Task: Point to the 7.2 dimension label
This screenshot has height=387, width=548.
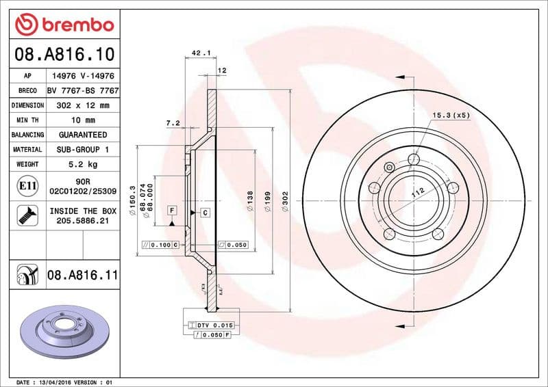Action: tap(173, 123)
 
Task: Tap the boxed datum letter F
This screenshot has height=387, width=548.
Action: tap(172, 210)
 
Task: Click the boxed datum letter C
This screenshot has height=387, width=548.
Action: tap(204, 213)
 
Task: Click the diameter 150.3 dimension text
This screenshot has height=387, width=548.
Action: tap(132, 203)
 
